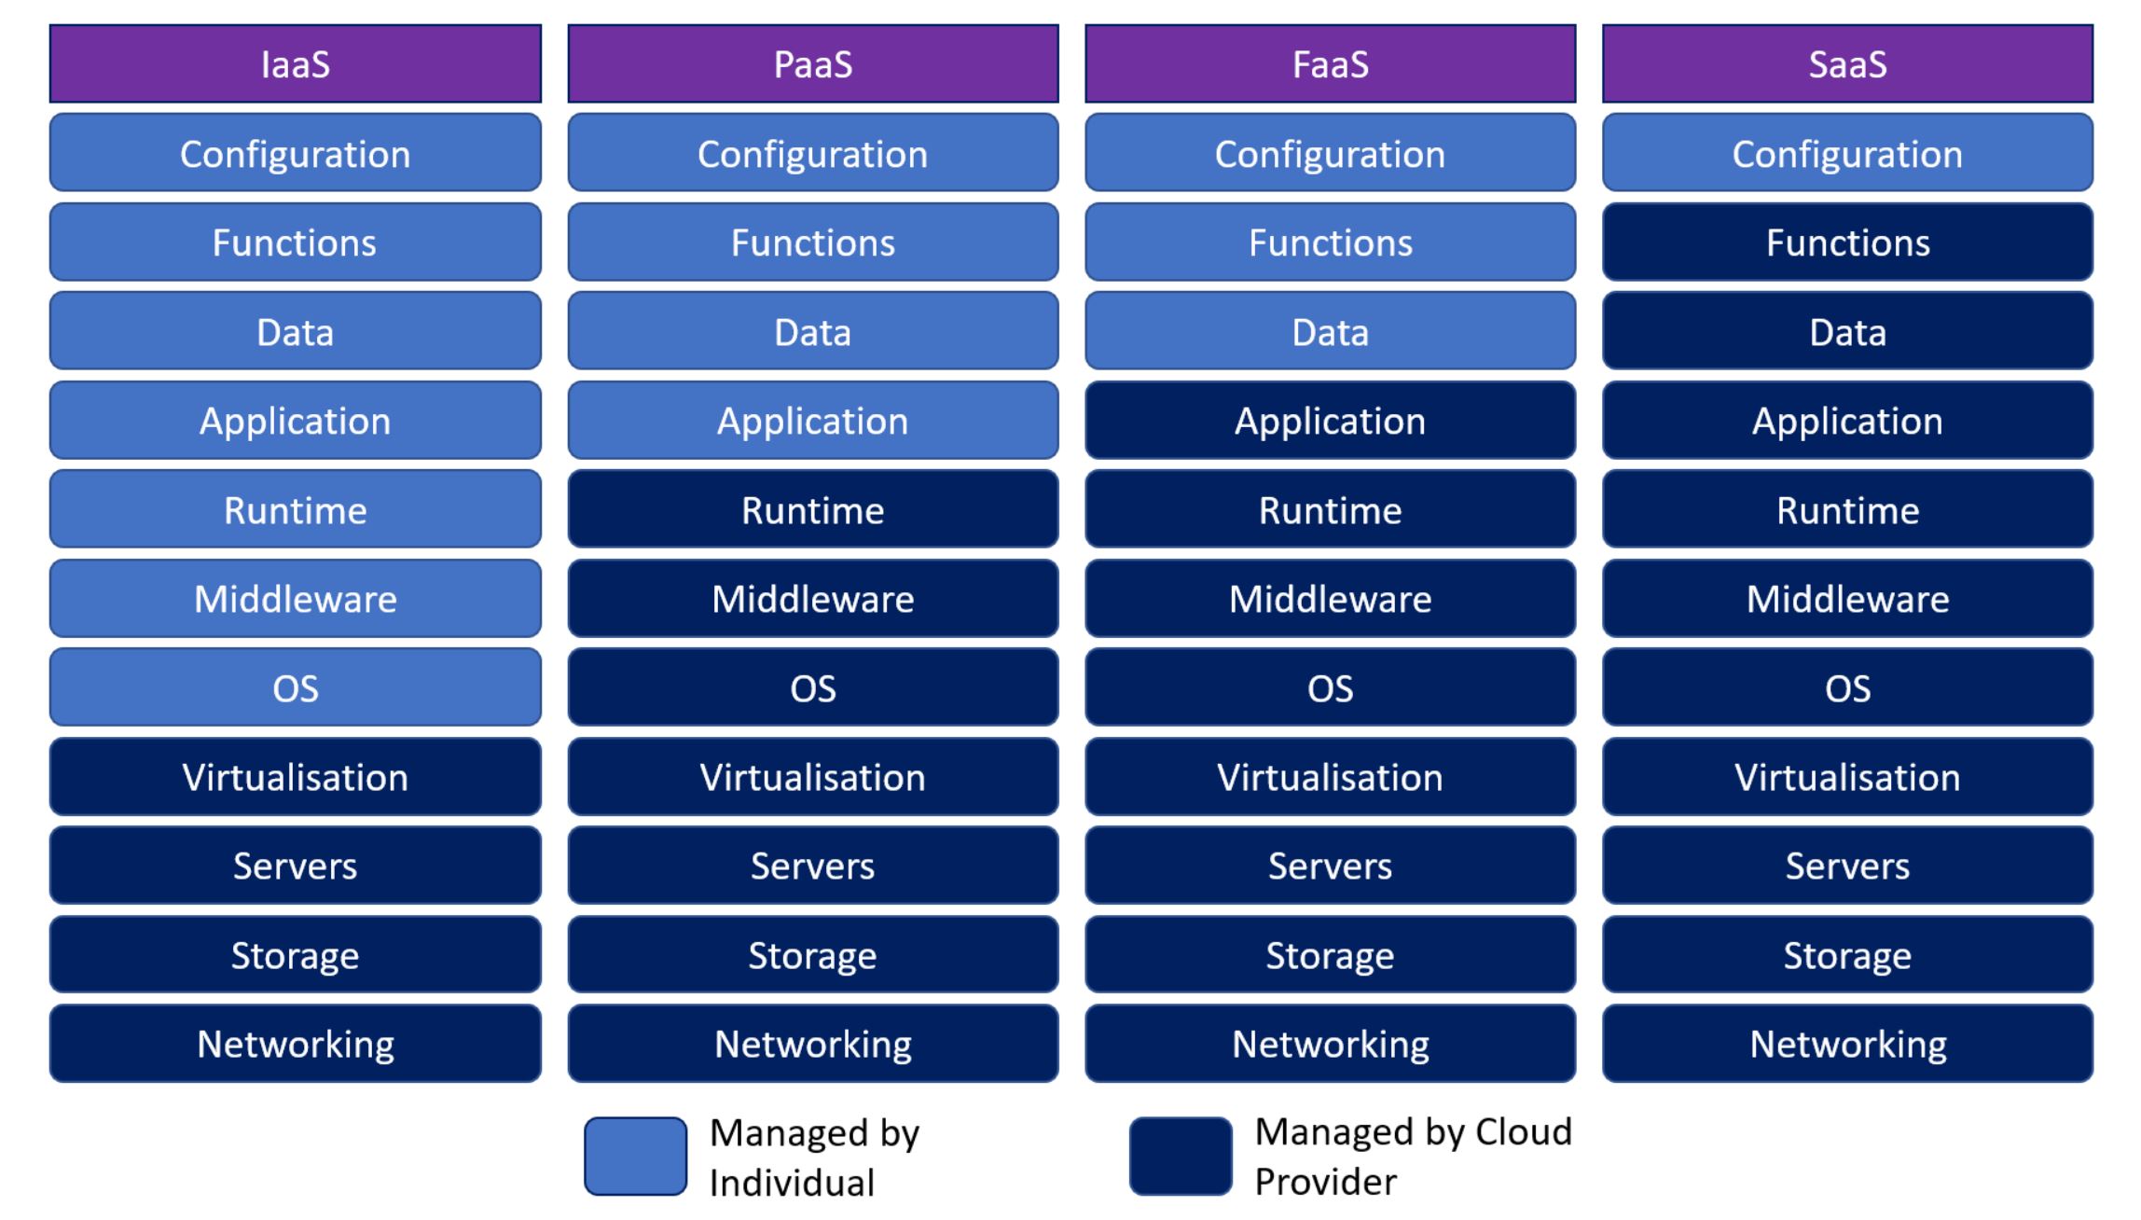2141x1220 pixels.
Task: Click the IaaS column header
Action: (x=295, y=63)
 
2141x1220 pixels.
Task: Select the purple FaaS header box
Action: (x=1330, y=63)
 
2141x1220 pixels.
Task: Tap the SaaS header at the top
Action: (x=1847, y=63)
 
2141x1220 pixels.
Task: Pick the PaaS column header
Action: (x=812, y=63)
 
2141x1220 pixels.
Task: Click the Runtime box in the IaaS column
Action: (x=295, y=509)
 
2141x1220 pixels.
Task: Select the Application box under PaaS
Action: (x=812, y=421)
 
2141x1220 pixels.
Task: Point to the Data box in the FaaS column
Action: (x=1330, y=331)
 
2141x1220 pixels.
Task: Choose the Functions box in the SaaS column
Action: (x=1847, y=243)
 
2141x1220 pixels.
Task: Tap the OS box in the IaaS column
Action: (x=295, y=687)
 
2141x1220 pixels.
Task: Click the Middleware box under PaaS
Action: (x=812, y=599)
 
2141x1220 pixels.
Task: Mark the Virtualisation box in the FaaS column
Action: (x=1330, y=777)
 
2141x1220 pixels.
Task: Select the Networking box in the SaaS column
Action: (x=1847, y=1044)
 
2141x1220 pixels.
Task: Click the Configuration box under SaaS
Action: (x=1847, y=153)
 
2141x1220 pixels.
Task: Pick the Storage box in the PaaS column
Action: (x=812, y=955)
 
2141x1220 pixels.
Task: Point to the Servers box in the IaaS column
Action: (x=295, y=866)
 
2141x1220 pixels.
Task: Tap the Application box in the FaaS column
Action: (x=1330, y=421)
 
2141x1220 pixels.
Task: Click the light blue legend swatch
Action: (x=636, y=1157)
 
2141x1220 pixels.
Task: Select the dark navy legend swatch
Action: (x=1181, y=1157)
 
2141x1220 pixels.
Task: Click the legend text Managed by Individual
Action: (x=813, y=1158)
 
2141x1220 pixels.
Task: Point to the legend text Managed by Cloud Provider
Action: (x=1412, y=1157)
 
